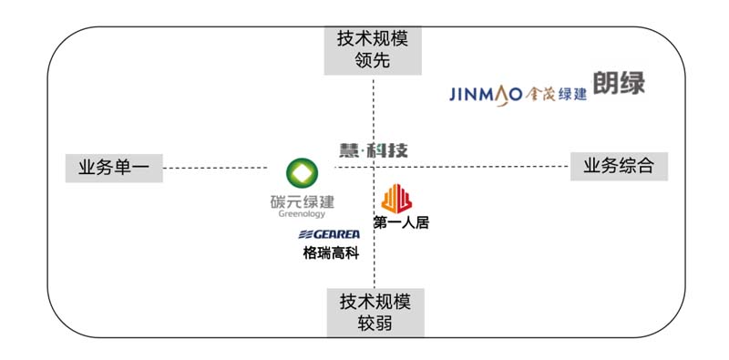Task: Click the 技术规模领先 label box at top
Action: coord(375,51)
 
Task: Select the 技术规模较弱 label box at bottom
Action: coord(375,313)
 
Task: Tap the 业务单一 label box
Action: coord(114,168)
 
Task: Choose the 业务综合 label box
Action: coord(619,166)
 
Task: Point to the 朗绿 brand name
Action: coord(619,84)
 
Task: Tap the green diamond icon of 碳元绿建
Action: coord(302,173)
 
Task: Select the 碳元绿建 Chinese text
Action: coord(302,201)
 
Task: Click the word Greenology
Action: coord(302,215)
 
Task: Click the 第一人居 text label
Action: coord(400,221)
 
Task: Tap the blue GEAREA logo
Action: coord(329,235)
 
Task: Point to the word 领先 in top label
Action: coord(375,62)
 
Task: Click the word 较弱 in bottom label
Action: coord(375,324)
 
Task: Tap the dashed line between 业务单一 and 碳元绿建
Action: coord(219,168)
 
